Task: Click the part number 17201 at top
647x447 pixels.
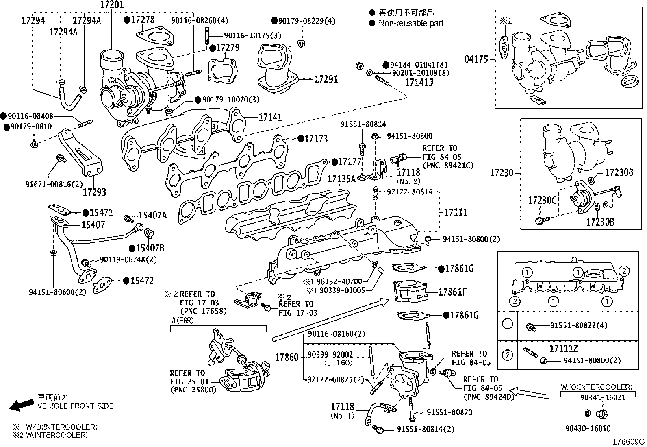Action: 112,5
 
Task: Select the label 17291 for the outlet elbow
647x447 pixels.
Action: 326,79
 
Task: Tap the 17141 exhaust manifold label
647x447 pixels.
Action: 270,118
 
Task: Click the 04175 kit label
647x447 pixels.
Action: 476,59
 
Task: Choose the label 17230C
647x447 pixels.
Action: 542,201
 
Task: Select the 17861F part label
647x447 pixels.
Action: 452,292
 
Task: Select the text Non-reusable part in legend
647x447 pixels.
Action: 411,23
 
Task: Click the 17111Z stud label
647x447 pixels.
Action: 564,349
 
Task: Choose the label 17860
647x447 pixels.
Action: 287,358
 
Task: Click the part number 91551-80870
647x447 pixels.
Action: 449,412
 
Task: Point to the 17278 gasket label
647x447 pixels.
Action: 143,20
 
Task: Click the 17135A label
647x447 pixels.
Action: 341,179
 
